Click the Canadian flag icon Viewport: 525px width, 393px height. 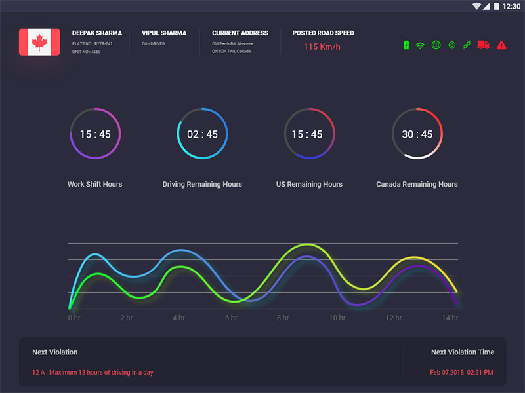click(39, 42)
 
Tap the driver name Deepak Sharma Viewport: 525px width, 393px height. click(97, 33)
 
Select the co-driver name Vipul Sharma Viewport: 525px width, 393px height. click(164, 33)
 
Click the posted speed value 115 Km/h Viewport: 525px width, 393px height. click(322, 47)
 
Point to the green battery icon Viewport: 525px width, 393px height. click(407, 45)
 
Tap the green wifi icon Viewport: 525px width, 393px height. click(421, 45)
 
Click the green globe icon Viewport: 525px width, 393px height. click(436, 45)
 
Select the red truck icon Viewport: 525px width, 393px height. click(484, 45)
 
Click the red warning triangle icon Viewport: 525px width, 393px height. click(501, 45)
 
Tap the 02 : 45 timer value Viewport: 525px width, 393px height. click(202, 134)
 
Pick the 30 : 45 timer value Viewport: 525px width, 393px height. click(417, 134)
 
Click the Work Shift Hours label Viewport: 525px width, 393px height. click(95, 184)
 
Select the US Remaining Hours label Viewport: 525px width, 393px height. click(309, 184)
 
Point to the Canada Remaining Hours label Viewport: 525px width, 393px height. click(417, 184)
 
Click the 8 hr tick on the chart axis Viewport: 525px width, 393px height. click(283, 318)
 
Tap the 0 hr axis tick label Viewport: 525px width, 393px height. click(74, 318)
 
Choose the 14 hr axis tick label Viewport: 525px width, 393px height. click(450, 318)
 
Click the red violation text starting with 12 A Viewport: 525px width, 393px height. click(93, 372)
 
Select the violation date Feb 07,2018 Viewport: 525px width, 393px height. click(446, 372)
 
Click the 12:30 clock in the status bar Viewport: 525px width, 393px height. click(511, 6)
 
